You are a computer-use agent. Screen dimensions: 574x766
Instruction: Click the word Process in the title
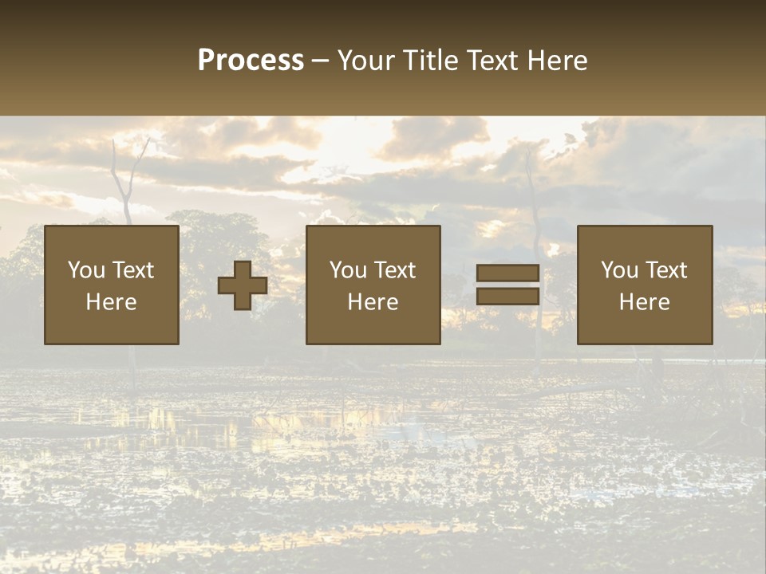tap(251, 61)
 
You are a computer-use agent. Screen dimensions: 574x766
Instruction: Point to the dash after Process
tap(320, 61)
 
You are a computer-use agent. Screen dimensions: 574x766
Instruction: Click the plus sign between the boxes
tap(243, 285)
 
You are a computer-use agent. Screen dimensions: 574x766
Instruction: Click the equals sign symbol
tap(507, 285)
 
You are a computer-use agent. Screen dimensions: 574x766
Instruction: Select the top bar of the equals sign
tap(507, 273)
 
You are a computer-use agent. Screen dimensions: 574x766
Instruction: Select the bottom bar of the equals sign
tap(507, 297)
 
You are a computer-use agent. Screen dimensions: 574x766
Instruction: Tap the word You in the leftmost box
tap(85, 270)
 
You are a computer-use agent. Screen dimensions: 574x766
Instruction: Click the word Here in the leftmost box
tap(112, 302)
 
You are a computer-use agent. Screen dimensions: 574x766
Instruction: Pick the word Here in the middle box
tap(373, 302)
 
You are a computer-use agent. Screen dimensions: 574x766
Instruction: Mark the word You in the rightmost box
tap(618, 270)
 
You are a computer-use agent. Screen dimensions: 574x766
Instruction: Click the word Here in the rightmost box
tap(645, 302)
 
